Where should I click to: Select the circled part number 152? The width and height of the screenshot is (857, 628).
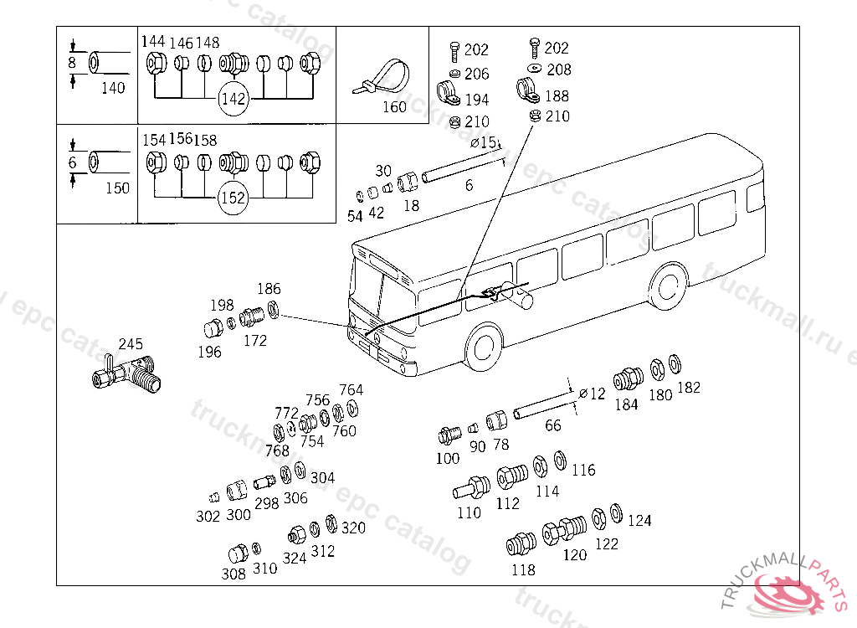233,198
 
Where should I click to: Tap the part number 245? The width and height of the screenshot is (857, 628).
131,344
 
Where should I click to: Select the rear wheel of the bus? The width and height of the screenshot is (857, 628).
668,286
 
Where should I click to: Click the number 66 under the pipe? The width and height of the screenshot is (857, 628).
552,426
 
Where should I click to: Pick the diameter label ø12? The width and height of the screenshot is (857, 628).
592,394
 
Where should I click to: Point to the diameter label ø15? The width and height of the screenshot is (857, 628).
483,143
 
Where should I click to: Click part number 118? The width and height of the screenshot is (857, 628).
523,570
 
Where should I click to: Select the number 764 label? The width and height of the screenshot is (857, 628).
351,389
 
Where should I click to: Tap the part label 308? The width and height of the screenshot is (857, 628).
233,574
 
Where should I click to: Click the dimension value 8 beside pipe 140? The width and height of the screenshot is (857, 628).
72,63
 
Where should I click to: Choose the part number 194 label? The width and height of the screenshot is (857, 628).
476,99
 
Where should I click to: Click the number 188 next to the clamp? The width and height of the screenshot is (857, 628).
557,95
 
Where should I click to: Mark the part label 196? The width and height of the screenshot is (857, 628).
209,353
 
